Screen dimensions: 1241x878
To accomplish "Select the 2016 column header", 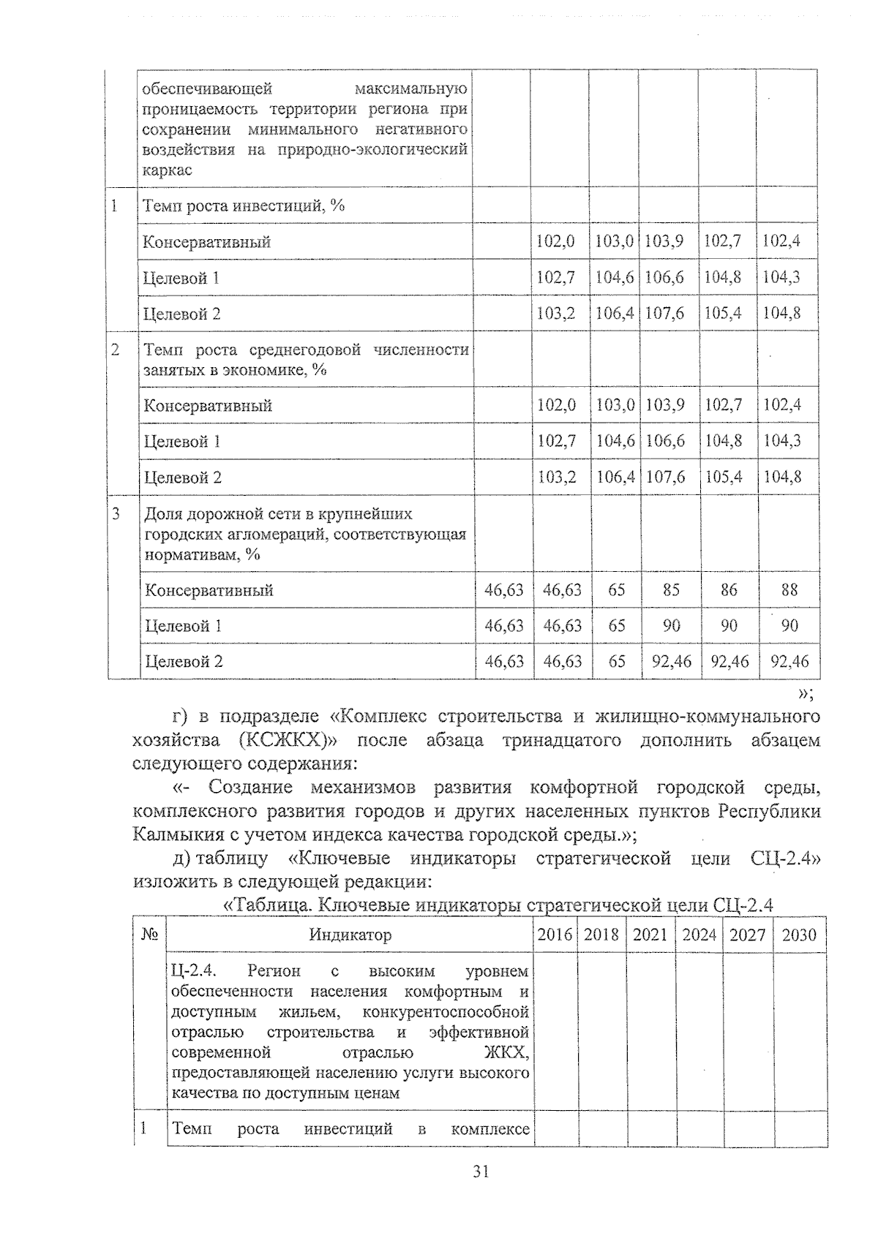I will pos(555,935).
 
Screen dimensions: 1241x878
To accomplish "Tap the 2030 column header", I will pos(799,935).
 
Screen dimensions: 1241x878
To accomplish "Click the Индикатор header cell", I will pos(350,935).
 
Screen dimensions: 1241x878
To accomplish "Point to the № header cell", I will pos(150,935).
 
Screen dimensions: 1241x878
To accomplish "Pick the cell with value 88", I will pos(789,589).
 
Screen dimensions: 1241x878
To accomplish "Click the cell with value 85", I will pos(671,589).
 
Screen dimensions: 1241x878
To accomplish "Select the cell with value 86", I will pos(729,589).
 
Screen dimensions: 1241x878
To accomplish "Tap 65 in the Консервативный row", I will pos(617,589).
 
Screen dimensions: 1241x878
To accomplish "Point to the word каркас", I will pos(167,170).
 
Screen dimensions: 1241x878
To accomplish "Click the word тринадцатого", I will pos(558,740).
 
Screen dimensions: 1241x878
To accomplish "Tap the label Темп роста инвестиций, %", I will pos(243,205).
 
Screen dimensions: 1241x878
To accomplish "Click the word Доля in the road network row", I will pos(163,513).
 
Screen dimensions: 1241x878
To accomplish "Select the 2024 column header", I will pos(699,935).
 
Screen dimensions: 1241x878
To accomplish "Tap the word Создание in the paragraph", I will pos(250,787).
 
